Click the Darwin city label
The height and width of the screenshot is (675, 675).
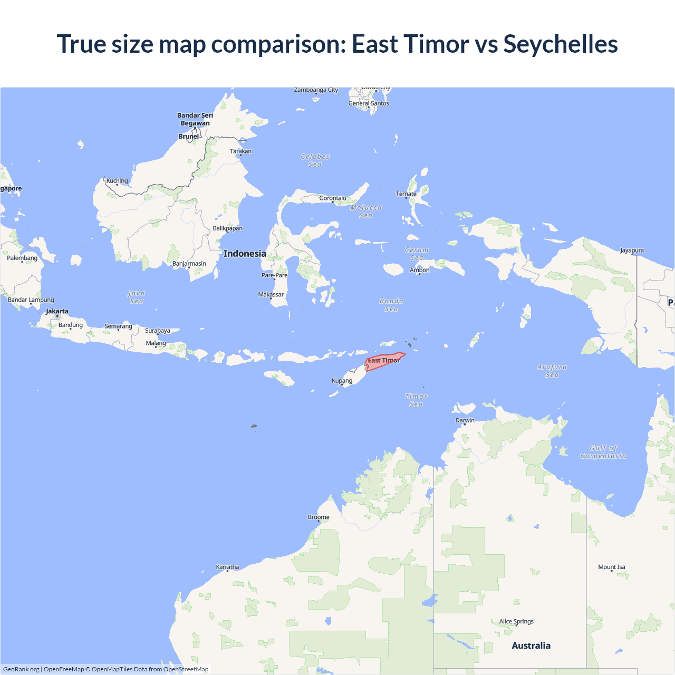click(465, 420)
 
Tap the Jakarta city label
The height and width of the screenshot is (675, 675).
click(57, 311)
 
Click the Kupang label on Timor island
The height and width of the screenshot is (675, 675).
click(342, 381)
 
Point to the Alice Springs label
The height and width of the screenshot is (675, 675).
click(516, 621)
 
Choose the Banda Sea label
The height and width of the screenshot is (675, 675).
click(391, 305)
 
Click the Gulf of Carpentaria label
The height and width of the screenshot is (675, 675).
click(603, 452)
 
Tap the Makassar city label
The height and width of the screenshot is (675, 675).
click(271, 295)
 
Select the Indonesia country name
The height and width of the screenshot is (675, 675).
click(245, 254)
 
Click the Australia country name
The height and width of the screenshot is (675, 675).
click(531, 645)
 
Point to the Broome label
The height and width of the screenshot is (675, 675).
click(319, 517)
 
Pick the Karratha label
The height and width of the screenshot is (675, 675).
click(227, 567)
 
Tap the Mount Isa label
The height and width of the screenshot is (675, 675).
click(612, 567)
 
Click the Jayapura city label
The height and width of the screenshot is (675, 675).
click(632, 250)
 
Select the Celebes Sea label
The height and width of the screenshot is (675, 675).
click(315, 160)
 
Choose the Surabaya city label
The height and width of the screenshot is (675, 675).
click(158, 331)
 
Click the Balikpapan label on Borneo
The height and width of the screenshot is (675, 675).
click(228, 228)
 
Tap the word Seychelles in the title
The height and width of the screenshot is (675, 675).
click(561, 44)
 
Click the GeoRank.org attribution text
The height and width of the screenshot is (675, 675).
click(21, 669)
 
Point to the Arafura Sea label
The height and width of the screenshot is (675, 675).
click(552, 371)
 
